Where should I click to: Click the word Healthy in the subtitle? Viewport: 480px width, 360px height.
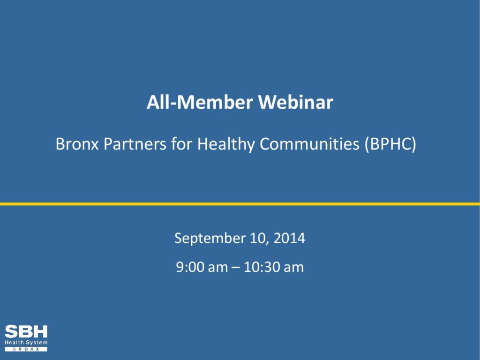click(x=226, y=144)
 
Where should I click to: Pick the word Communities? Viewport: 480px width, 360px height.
click(x=309, y=143)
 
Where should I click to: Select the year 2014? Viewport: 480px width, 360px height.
click(x=289, y=238)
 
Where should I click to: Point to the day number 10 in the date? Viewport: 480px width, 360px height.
click(x=259, y=239)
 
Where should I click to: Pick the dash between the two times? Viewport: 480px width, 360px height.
click(x=236, y=268)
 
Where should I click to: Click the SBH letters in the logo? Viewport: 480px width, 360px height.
click(x=26, y=332)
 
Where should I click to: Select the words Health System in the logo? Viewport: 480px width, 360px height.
click(x=26, y=343)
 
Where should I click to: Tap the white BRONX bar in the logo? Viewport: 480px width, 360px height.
click(x=26, y=349)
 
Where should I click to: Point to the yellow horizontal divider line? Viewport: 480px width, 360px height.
click(x=240, y=204)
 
